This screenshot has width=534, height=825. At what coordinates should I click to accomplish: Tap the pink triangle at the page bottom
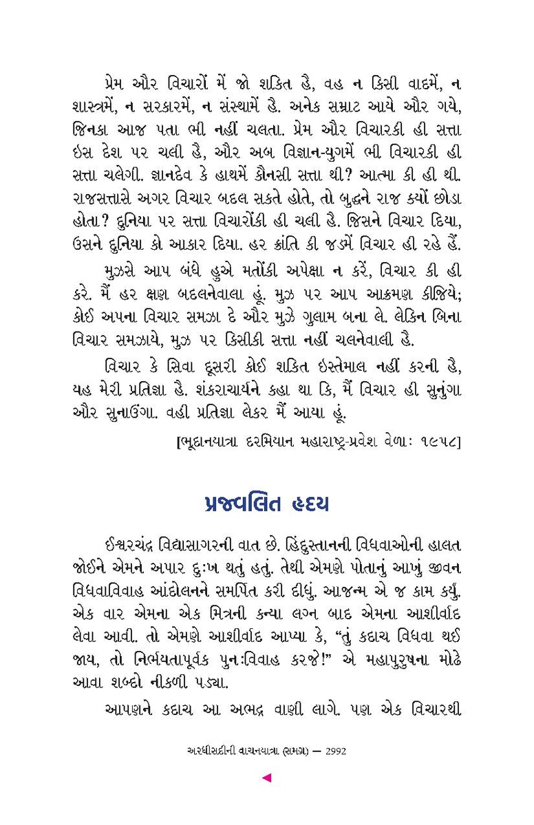tap(267, 778)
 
